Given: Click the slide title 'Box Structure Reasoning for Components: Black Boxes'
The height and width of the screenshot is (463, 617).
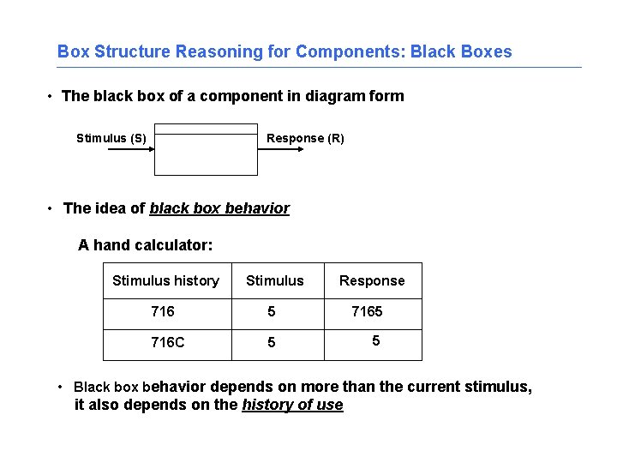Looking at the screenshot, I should tap(285, 51).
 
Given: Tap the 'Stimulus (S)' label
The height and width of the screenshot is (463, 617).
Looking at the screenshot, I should tap(111, 138).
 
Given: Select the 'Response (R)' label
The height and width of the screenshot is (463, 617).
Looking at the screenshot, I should tap(305, 138).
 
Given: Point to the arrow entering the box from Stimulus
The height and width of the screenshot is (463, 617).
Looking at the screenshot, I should tap(129, 149).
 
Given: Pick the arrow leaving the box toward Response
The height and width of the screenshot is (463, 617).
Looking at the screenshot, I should tap(281, 149).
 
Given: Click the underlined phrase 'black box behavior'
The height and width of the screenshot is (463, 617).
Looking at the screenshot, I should tap(219, 208).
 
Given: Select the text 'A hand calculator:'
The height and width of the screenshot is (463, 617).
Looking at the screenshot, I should tap(145, 245).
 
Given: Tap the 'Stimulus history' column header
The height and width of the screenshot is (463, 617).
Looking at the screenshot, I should tap(165, 280).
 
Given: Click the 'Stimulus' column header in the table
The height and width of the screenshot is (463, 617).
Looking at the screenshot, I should tap(274, 280).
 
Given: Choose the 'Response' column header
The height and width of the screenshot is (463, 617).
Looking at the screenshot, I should tap(372, 280).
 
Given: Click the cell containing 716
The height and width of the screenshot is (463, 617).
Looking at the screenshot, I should tap(162, 311).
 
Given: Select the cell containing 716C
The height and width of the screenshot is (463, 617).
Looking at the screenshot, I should tap(167, 342).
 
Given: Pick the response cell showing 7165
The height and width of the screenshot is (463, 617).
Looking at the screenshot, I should tap(367, 311).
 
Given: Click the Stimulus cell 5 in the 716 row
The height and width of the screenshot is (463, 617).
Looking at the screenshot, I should tap(272, 311).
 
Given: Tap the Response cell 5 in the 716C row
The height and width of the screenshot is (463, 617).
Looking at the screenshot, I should tap(374, 340).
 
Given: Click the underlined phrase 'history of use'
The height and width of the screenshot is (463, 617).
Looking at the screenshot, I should tap(292, 405).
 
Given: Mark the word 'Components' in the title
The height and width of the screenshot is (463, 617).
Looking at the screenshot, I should tap(350, 51).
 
